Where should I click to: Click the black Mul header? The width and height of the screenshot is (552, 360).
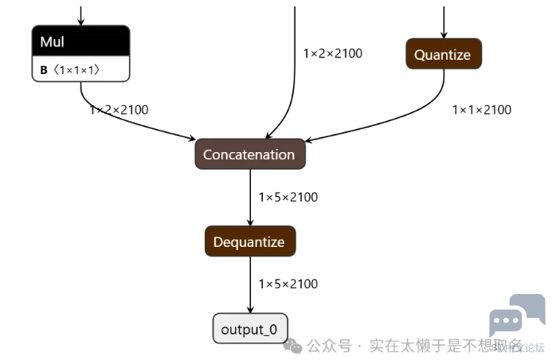click(x=80, y=41)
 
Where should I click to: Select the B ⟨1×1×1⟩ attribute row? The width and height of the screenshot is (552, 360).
click(x=80, y=70)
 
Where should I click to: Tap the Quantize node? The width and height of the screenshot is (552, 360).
click(x=443, y=55)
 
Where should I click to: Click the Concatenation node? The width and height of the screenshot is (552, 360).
click(x=249, y=155)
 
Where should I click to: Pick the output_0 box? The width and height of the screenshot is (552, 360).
click(x=249, y=329)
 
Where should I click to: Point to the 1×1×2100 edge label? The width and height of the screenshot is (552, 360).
click(x=481, y=110)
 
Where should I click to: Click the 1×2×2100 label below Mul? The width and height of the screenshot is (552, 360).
click(x=119, y=110)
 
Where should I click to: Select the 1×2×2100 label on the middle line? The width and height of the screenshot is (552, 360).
click(x=332, y=53)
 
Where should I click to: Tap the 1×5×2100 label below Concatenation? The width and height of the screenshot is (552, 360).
click(x=288, y=197)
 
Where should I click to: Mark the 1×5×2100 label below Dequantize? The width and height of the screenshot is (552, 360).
click(x=288, y=284)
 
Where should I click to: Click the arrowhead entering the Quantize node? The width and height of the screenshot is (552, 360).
click(x=444, y=35)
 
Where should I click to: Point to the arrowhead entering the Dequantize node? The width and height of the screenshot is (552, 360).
click(x=250, y=223)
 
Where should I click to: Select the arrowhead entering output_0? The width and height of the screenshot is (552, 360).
click(x=250, y=311)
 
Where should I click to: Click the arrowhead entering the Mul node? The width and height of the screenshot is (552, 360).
click(x=80, y=22)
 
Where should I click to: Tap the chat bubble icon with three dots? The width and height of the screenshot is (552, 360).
click(x=505, y=323)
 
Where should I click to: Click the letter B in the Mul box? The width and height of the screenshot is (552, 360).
click(x=44, y=70)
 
